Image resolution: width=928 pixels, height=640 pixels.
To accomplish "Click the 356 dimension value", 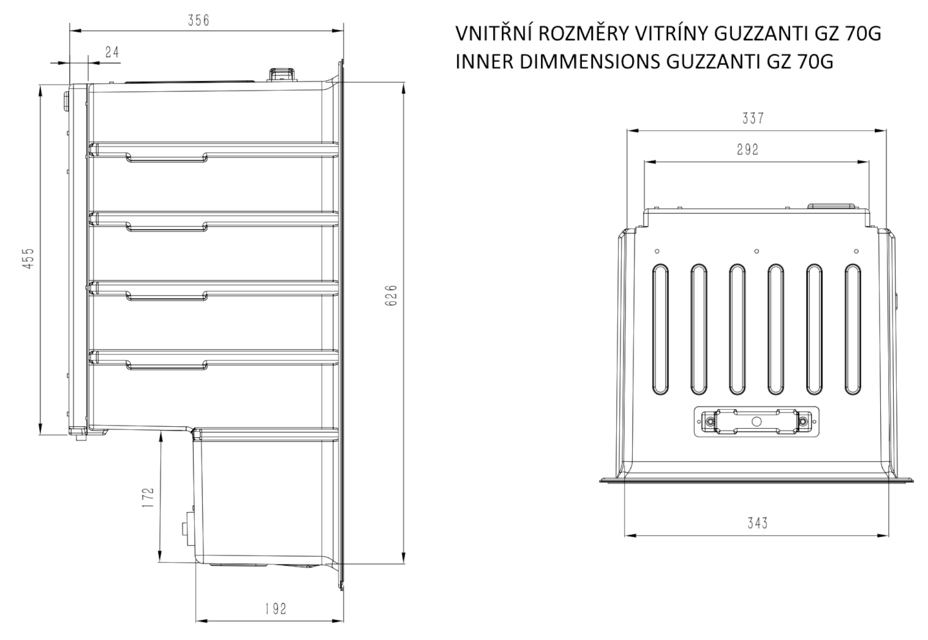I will coord(199,21).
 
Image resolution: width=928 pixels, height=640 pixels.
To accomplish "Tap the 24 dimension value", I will coord(112,52).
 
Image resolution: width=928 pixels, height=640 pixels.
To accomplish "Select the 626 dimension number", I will coord(391,296).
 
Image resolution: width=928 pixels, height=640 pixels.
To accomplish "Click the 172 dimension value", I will coord(148,497).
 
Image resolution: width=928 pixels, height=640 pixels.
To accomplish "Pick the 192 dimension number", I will coord(276,609).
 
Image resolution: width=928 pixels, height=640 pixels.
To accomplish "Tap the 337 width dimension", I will coord(753,118).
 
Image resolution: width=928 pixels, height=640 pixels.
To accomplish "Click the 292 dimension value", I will coord(748,149).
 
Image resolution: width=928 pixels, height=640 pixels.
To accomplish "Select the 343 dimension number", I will coord(757,523).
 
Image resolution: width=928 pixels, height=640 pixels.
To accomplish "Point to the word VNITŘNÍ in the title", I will coord(493,34).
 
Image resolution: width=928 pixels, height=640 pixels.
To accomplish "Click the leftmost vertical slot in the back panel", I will coord(660,329).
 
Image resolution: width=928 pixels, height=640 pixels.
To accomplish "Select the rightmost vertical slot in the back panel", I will coord(852,329).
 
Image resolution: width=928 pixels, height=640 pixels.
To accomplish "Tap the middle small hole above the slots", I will coord(757,251).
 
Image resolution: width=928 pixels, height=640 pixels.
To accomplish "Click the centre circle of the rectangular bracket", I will coord(757,421).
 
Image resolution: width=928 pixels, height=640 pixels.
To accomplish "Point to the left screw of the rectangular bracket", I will coord(710,421).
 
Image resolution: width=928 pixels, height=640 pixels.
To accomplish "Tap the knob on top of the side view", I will coord(281,74).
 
